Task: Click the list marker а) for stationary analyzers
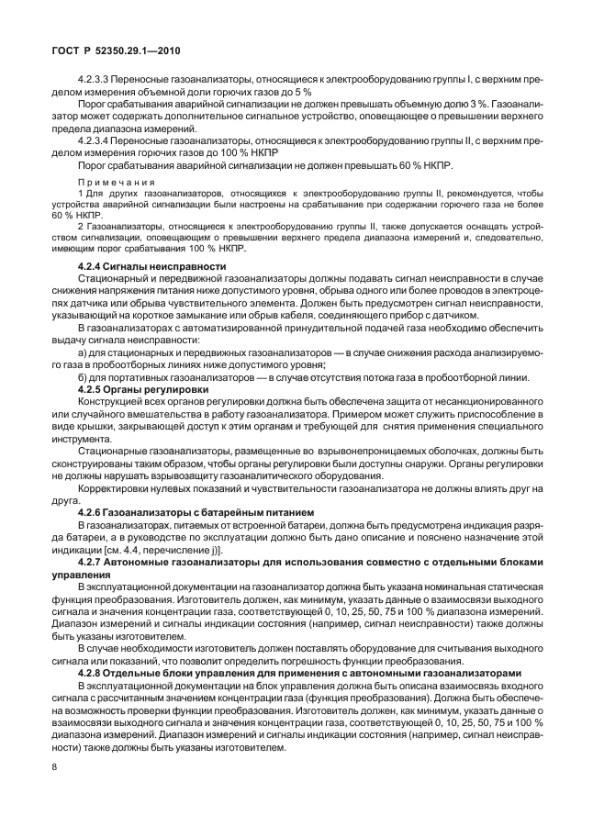83,352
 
